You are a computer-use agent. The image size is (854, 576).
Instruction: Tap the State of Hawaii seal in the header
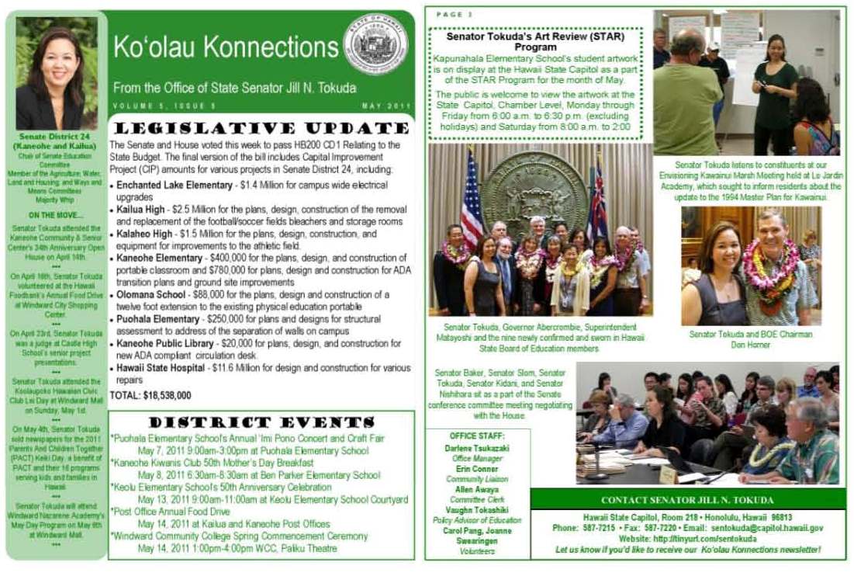(375, 43)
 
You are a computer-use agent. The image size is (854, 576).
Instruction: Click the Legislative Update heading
(259, 128)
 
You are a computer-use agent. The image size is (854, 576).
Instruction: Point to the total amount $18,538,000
(150, 395)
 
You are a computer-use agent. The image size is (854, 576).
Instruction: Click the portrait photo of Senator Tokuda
(57, 73)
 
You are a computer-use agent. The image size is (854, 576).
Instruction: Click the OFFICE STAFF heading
(474, 435)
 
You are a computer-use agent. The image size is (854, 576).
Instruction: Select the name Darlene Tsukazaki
(476, 449)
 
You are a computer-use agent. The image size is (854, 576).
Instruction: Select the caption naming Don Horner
(751, 339)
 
